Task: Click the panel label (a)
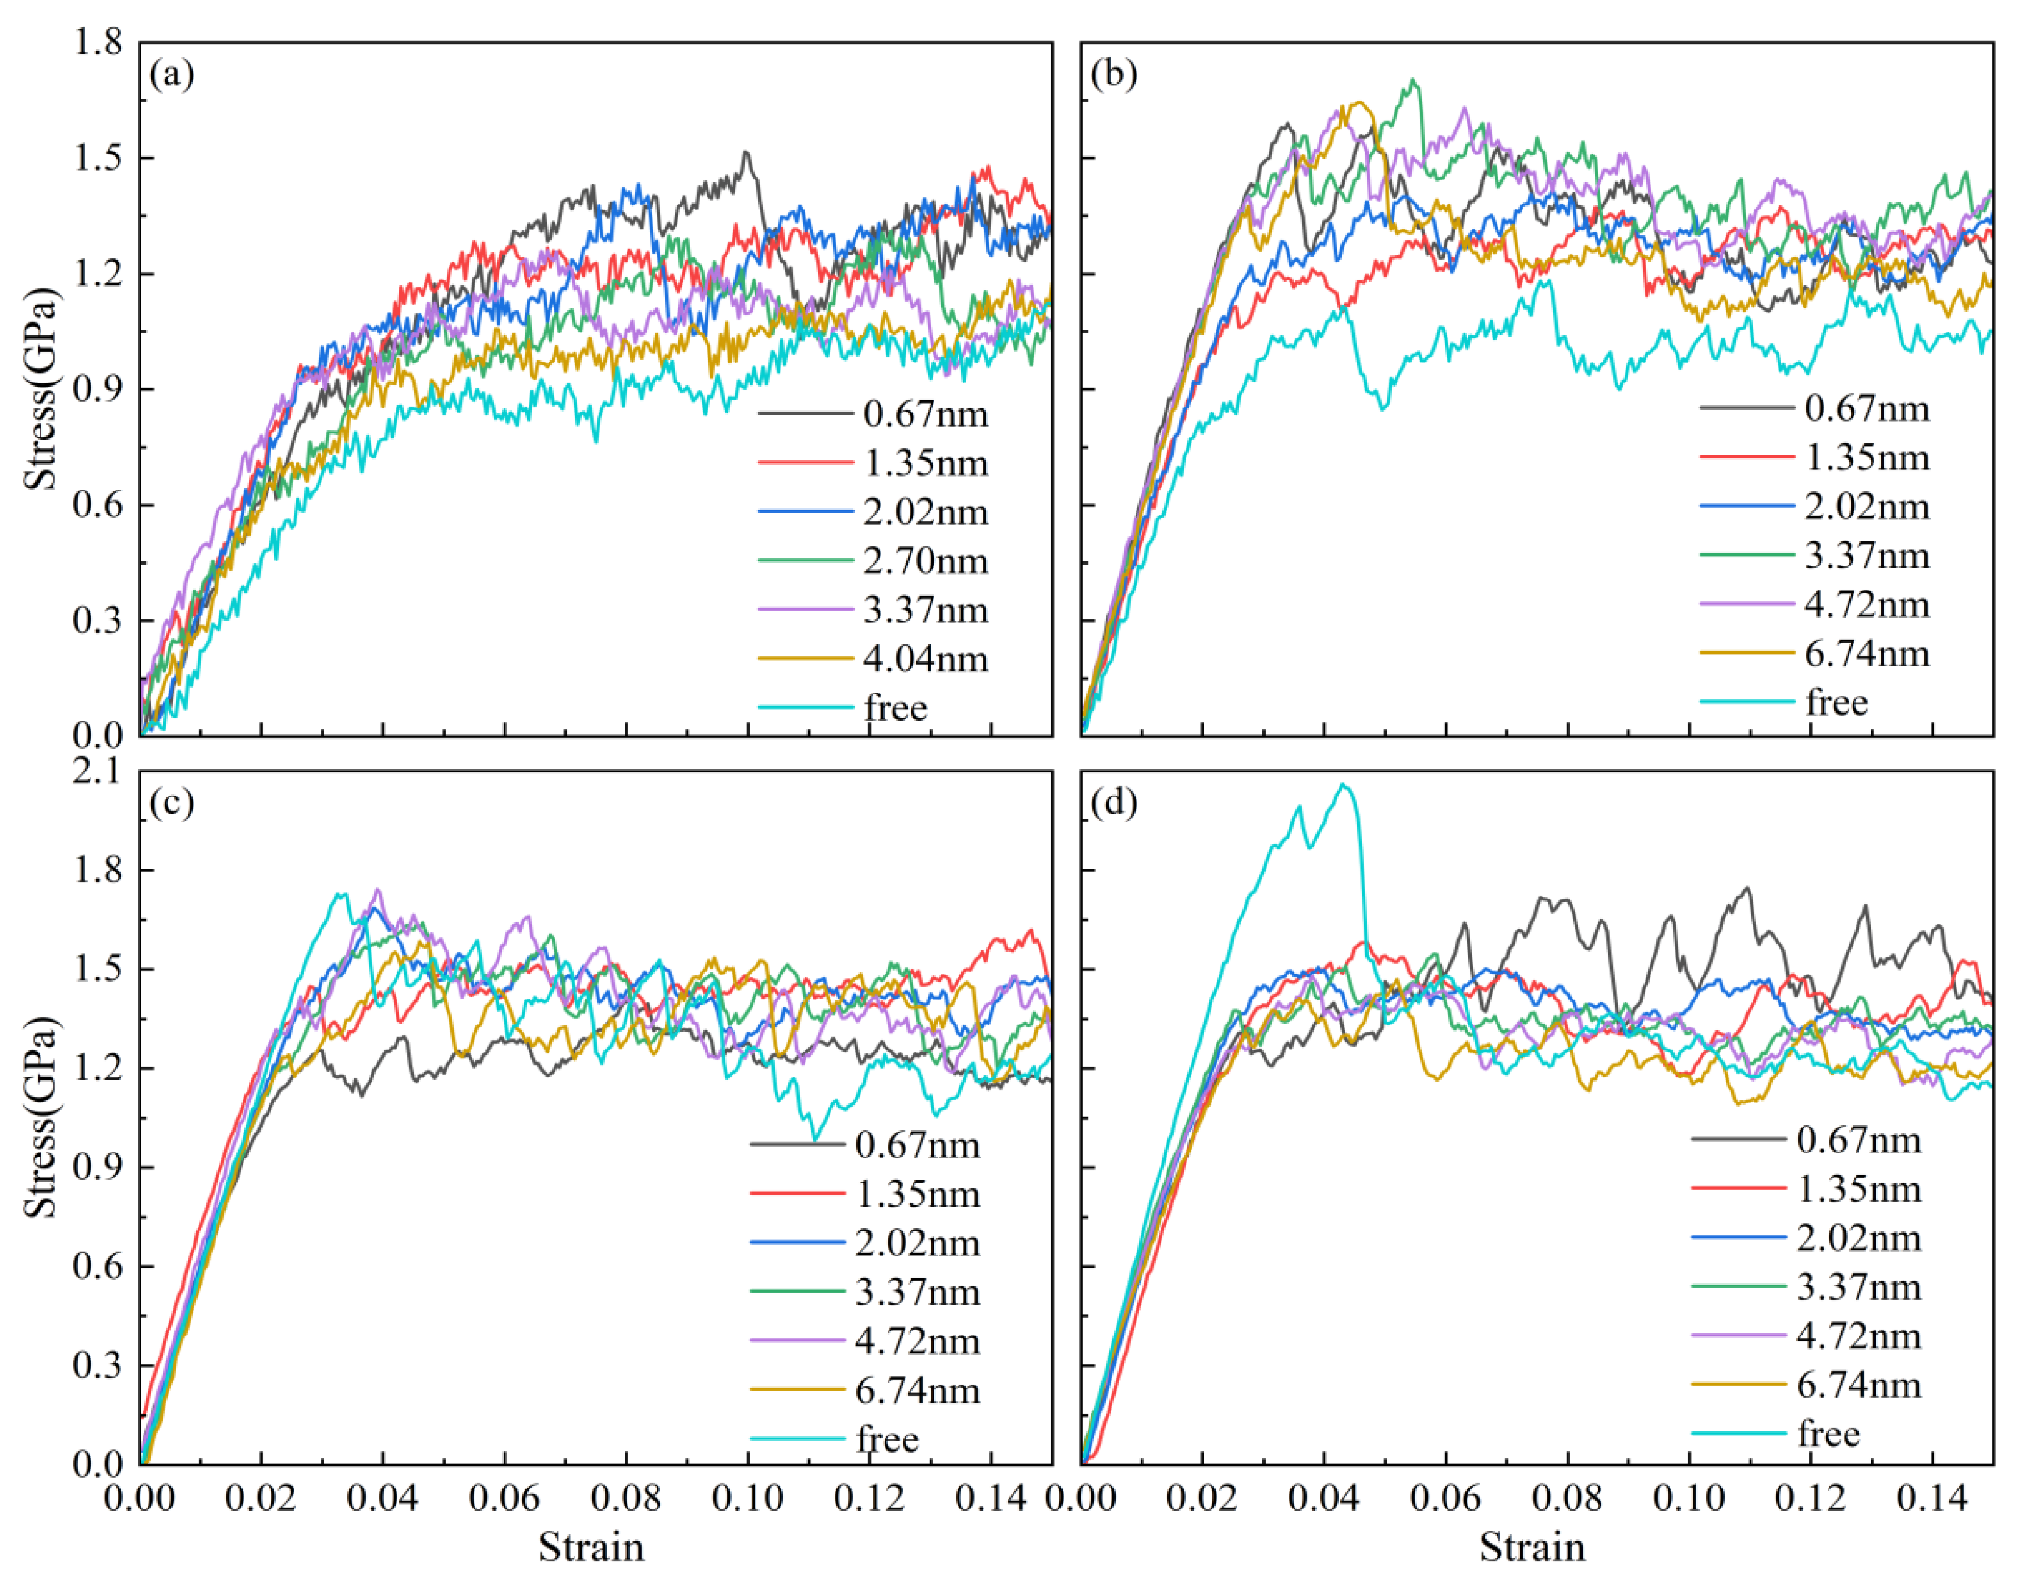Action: coord(172,74)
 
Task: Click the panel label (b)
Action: coord(1114,74)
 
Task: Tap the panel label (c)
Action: coord(172,802)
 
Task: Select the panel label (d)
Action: coord(1114,802)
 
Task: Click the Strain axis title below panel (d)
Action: coord(1533,1547)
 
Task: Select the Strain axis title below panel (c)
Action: coord(591,1547)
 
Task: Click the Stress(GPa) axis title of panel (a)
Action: coord(41,389)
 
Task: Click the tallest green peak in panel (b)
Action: coord(1413,80)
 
